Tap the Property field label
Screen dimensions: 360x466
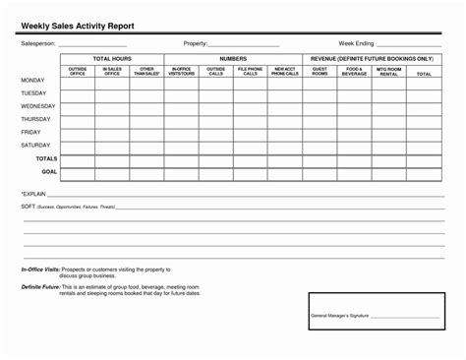[x=195, y=44]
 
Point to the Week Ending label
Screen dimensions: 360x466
[x=357, y=44]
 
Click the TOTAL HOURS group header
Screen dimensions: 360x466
[x=112, y=59]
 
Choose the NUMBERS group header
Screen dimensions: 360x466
[x=233, y=59]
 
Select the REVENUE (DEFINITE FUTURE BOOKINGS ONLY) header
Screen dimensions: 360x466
[x=372, y=59]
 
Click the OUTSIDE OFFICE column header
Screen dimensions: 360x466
[x=78, y=72]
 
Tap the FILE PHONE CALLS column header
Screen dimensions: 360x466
[x=251, y=72]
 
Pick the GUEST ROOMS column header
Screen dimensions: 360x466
[x=320, y=72]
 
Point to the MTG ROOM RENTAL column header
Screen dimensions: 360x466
[x=389, y=72]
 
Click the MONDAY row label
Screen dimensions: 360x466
[x=32, y=80]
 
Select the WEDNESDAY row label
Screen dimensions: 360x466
[x=37, y=105]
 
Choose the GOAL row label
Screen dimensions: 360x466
[x=49, y=171]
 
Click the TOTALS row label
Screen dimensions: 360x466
[x=46, y=157]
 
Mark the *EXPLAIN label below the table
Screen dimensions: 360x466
[x=33, y=195]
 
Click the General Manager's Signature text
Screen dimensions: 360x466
[x=339, y=315]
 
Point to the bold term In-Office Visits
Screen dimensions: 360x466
[x=40, y=269]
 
